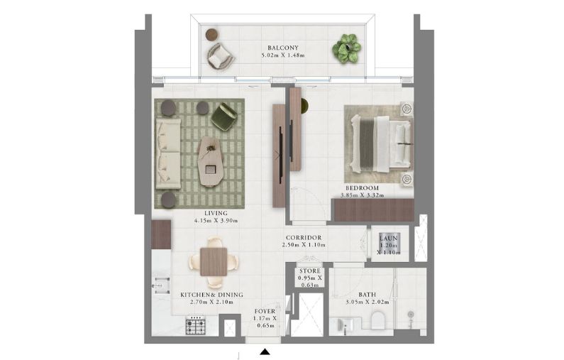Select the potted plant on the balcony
point(346,48)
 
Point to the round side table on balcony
point(211,33)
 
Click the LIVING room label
point(214,212)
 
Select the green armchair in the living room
point(224,115)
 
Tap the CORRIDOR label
point(304,237)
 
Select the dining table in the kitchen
point(211,260)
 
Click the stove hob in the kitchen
point(195,327)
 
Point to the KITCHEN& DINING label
point(211,294)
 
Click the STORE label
point(309,271)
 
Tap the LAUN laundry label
point(389,239)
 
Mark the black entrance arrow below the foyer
point(265,351)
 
